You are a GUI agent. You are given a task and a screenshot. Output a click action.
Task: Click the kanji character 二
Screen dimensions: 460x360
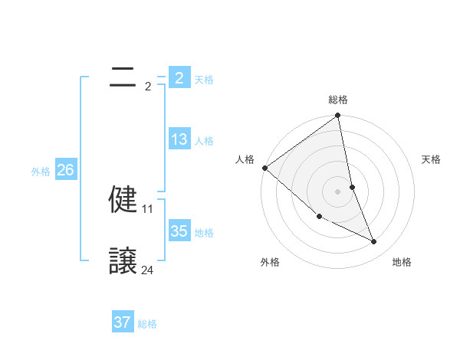tap(123, 77)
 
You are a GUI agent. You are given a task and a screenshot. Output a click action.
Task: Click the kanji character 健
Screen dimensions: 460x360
tap(123, 200)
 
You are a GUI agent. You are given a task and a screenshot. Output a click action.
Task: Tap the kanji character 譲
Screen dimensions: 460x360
tap(123, 262)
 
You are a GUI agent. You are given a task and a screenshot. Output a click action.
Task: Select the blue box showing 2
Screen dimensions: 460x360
tap(179, 77)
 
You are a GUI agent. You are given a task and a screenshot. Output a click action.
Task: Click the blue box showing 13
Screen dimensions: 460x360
tap(179, 139)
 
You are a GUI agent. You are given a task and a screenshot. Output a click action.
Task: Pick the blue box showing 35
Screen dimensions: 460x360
tap(179, 231)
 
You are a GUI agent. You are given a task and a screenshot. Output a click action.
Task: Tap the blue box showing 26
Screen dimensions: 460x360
tap(65, 170)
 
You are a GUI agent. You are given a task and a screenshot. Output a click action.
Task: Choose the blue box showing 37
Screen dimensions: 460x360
tap(123, 322)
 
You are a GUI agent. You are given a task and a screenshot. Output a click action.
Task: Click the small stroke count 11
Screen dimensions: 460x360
tap(148, 208)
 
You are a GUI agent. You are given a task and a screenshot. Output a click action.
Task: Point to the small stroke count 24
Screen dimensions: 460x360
tap(148, 270)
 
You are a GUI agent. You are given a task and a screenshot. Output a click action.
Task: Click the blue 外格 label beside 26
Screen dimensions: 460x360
tap(41, 172)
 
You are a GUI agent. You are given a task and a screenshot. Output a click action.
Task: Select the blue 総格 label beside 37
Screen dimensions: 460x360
tap(147, 324)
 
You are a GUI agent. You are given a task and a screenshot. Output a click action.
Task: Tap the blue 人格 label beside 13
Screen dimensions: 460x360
tap(204, 141)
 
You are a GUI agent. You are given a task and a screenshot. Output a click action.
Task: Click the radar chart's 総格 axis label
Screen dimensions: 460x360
tap(338, 100)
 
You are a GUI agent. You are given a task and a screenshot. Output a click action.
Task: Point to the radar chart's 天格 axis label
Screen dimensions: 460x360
tap(432, 159)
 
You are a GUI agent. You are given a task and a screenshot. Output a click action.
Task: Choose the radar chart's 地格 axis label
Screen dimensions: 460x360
tap(402, 262)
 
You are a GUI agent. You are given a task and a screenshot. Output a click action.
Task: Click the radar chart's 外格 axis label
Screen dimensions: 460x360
tap(270, 262)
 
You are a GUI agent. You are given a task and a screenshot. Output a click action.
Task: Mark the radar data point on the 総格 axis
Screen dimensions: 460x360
tap(338, 116)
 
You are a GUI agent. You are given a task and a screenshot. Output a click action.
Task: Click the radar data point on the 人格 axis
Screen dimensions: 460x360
tap(265, 168)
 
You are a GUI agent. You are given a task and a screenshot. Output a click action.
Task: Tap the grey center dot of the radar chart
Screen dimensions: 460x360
tap(338, 191)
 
